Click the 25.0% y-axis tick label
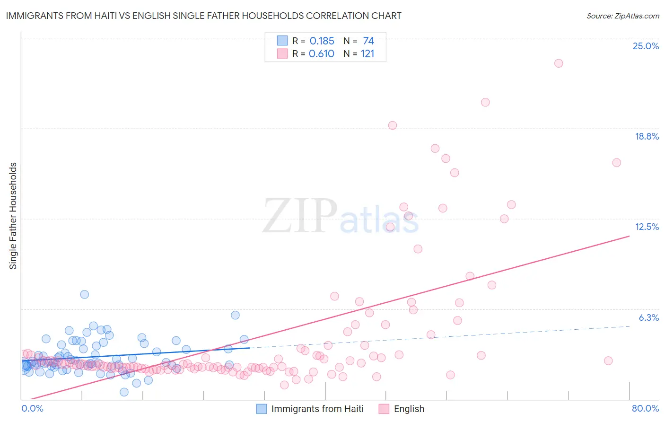[x=646, y=46]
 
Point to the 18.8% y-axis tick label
[x=647, y=136]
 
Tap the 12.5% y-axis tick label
[x=647, y=227]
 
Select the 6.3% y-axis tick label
[x=648, y=317]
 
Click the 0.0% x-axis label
[x=32, y=408]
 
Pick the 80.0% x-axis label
[x=645, y=408]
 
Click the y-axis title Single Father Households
[x=13, y=216]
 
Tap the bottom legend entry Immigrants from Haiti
[x=317, y=409]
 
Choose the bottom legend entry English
[x=409, y=409]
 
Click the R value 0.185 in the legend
[x=322, y=41]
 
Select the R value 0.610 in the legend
[x=322, y=54]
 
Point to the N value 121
[x=367, y=54]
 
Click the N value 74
[x=368, y=41]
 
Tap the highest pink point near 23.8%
[x=559, y=63]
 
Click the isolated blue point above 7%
[x=85, y=294]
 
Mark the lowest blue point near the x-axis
[x=124, y=392]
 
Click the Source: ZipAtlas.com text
[x=622, y=16]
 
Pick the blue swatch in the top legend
[x=282, y=41]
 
